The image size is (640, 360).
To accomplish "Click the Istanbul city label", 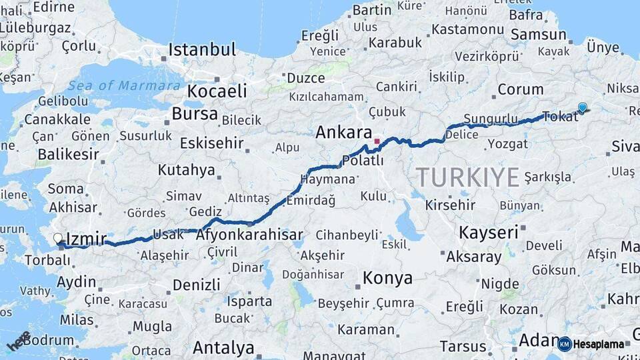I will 202,49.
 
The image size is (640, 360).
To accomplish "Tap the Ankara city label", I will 343,132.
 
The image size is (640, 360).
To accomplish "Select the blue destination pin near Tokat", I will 583,107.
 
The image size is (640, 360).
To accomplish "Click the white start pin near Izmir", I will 58,238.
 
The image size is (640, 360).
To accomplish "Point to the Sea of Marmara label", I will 125,85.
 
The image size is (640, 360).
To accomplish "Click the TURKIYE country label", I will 467,177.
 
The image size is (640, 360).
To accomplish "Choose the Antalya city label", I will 223,347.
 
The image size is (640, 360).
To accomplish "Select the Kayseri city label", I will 488,232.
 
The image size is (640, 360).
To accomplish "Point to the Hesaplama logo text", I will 598,345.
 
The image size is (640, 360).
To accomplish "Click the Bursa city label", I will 195,113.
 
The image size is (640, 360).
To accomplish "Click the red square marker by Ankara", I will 377,141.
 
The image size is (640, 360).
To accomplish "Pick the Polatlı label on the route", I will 362,161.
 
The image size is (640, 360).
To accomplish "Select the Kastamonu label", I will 467,29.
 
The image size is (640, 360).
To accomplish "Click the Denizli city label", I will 196,285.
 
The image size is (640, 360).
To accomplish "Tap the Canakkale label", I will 57,119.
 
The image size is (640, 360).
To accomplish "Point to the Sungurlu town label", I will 490,119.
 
